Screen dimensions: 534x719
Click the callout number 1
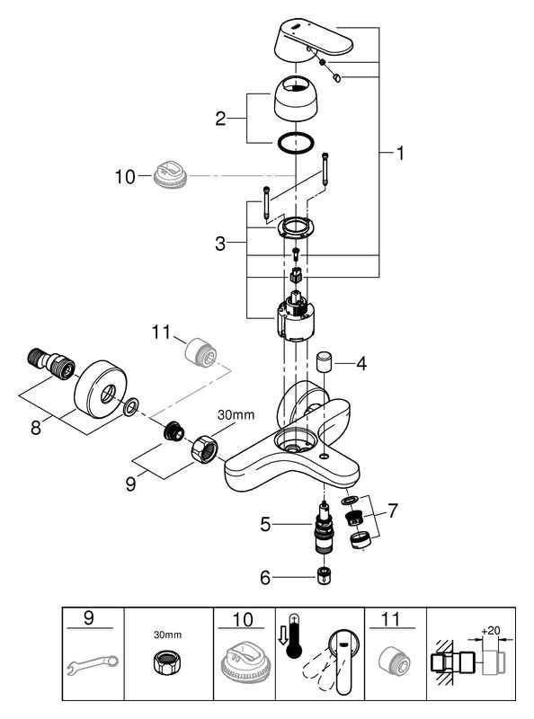pyautogui.click(x=401, y=153)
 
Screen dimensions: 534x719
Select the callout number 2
pyautogui.click(x=220, y=119)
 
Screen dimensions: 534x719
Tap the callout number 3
pyautogui.click(x=220, y=244)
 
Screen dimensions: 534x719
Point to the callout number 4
pyautogui.click(x=361, y=364)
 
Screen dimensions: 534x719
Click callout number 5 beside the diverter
pyautogui.click(x=265, y=524)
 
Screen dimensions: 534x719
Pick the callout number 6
pyautogui.click(x=265, y=578)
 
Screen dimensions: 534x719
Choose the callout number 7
pyautogui.click(x=393, y=510)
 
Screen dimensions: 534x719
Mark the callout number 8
pyautogui.click(x=36, y=428)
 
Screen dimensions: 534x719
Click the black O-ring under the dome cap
pyautogui.click(x=296, y=142)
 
